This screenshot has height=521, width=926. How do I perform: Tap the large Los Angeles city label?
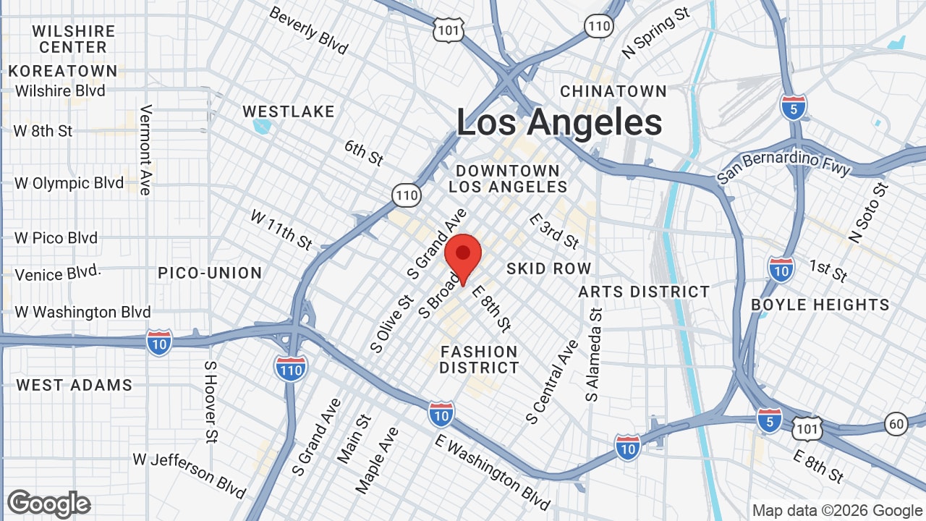point(558,122)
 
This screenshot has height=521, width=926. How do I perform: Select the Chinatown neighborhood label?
point(613,91)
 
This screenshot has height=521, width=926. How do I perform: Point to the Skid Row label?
point(548,268)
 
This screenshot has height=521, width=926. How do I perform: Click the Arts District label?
point(644,292)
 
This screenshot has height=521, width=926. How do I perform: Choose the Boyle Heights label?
point(820,305)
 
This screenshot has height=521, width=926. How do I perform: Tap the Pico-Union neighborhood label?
point(210,273)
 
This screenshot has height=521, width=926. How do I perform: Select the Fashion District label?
point(479,360)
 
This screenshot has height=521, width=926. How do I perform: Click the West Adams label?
point(75,385)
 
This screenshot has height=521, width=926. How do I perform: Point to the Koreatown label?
point(63,71)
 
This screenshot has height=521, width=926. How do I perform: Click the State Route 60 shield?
point(896,423)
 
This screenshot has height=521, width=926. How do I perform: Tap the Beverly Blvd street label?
point(308,31)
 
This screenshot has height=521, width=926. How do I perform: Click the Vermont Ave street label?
point(146,150)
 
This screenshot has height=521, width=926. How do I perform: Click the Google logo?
point(49,504)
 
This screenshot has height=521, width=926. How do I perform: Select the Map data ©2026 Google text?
point(836,510)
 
